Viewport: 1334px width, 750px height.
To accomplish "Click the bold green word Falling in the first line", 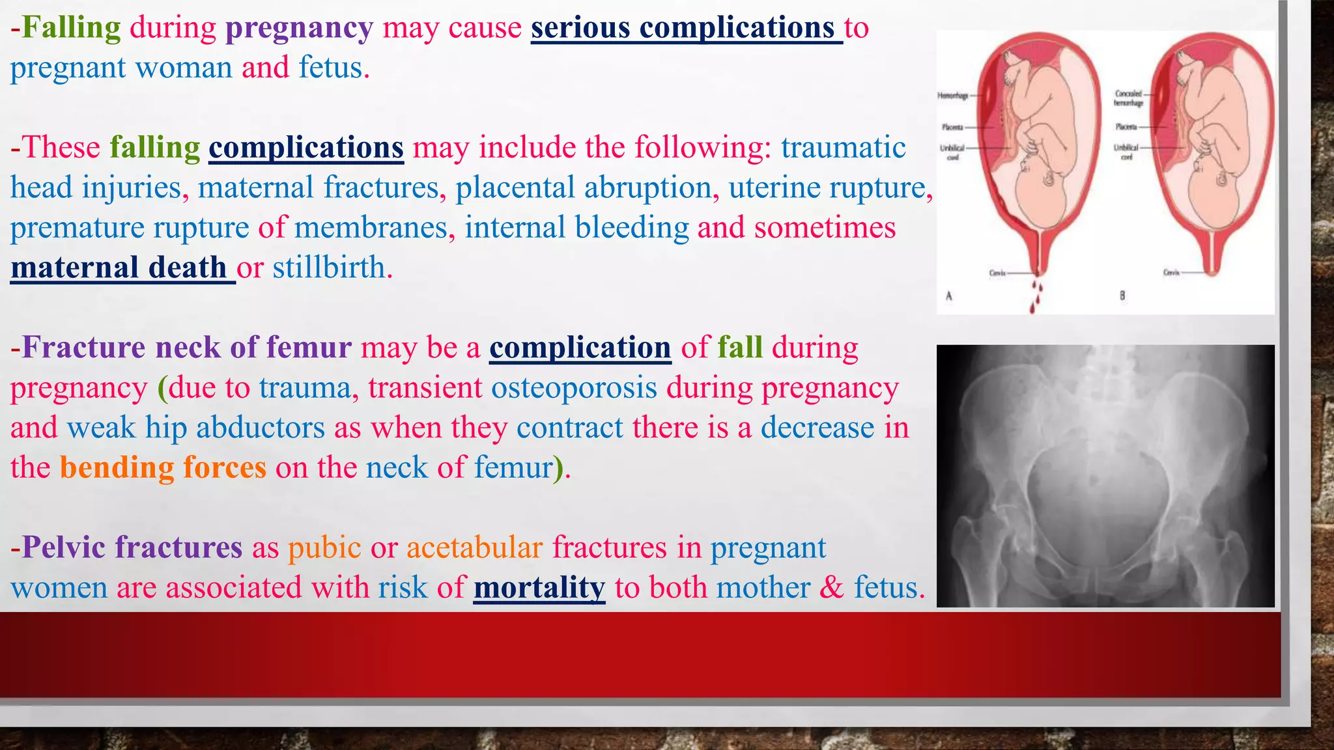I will click(71, 28).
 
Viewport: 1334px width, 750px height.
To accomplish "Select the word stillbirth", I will click(329, 268).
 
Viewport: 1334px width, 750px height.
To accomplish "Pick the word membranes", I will click(371, 228).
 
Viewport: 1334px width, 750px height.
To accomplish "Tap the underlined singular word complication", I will click(580, 348).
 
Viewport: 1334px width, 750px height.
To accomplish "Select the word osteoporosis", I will click(574, 388).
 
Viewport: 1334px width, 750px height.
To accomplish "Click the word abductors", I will click(261, 428).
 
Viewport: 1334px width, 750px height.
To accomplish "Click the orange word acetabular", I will click(474, 548).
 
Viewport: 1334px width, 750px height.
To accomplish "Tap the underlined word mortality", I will click(539, 588).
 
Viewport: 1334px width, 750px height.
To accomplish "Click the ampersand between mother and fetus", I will click(832, 588).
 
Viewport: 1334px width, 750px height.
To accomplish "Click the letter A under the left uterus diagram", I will click(949, 296).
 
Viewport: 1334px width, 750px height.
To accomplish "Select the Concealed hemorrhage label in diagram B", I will click(1128, 98).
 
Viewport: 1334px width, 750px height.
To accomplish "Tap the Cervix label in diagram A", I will click(997, 273).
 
